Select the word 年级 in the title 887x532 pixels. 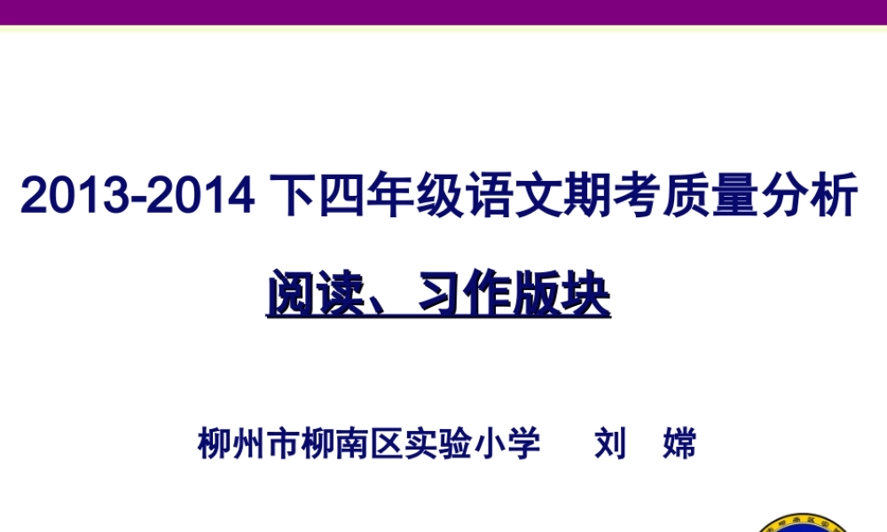pos(411,197)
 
